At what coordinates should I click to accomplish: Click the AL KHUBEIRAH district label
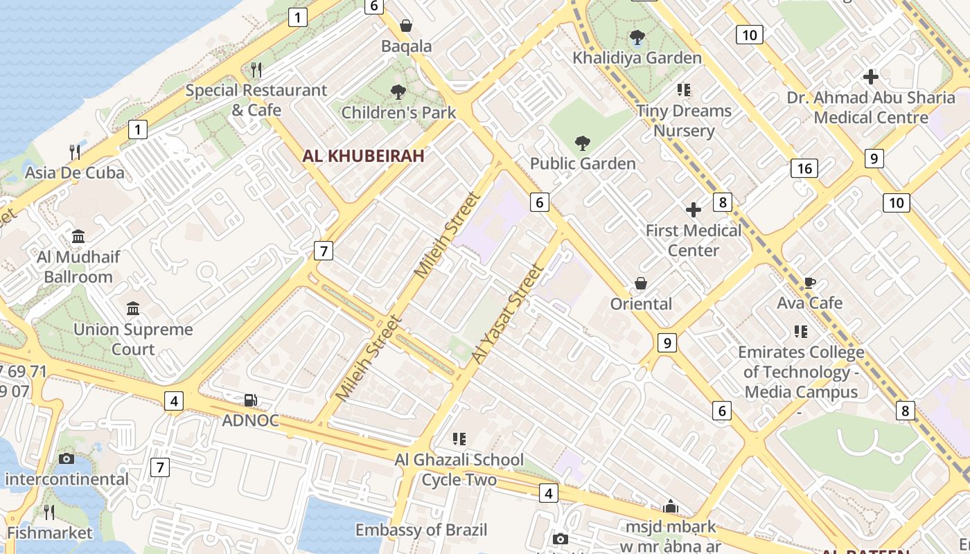pos(363,156)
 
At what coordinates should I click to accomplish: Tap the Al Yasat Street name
pos(506,313)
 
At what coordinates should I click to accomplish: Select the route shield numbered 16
pos(804,168)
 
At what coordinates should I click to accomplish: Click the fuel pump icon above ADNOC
pos(250,400)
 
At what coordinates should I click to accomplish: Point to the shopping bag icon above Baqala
pos(406,26)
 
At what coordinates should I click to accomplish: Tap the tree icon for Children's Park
pos(398,91)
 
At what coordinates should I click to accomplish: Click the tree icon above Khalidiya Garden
pos(637,37)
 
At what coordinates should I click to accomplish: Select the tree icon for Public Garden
pos(583,143)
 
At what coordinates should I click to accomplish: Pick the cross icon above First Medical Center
pos(693,210)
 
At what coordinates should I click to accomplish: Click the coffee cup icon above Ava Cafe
pos(809,283)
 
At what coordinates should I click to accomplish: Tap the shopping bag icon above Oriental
pos(641,284)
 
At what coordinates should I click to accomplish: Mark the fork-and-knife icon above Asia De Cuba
pos(75,152)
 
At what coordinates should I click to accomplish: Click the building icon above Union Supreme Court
pos(133,308)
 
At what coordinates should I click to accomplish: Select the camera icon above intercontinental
pos(67,458)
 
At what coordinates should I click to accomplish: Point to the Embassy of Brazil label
pos(421,530)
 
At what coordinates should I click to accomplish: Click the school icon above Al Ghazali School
pos(459,438)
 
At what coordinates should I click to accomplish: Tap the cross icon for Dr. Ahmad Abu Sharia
pos(871,77)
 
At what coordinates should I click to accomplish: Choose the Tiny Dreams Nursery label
pos(684,120)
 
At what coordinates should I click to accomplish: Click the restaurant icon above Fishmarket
pos(49,512)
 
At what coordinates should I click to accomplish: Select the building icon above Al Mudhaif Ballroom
pos(78,237)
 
